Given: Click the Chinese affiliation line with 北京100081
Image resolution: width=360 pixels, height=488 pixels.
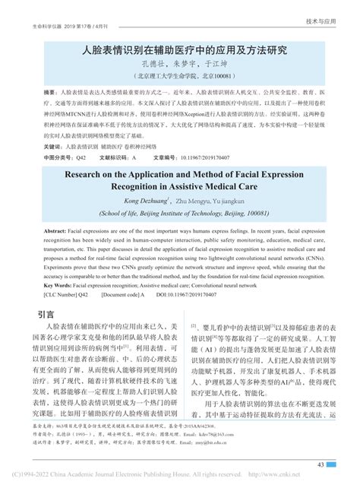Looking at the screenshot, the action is (179, 77).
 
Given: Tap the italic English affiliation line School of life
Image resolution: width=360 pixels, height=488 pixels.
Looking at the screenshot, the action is (179, 214).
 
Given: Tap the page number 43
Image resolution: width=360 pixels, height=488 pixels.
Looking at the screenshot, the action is (322, 464).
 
